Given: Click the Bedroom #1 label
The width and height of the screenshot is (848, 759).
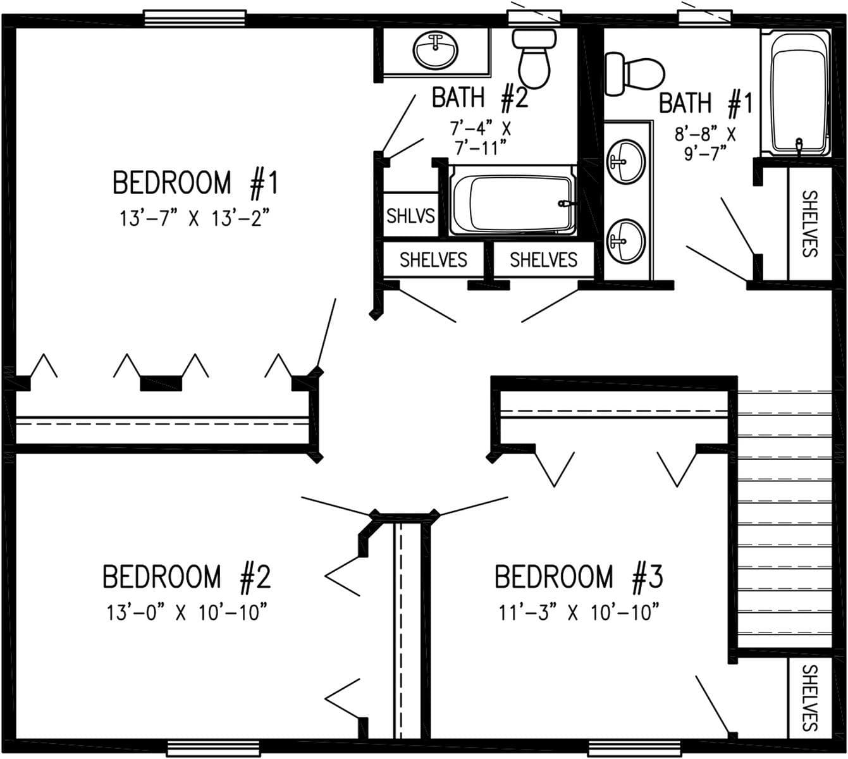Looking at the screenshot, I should (195, 183).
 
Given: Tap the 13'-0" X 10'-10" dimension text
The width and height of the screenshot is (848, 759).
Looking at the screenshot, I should (187, 612).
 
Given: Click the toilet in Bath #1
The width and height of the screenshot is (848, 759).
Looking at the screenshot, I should (634, 74).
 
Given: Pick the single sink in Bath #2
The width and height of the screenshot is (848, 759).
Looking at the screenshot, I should (436, 50).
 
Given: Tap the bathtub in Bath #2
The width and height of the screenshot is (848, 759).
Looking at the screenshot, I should (512, 204).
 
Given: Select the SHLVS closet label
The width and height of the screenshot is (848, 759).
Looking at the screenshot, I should (410, 216).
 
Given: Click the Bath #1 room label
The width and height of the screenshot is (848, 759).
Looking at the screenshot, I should (706, 103).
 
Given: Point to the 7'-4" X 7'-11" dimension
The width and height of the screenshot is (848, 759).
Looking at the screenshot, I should (480, 138).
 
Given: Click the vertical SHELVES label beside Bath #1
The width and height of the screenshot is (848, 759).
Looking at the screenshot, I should (809, 223).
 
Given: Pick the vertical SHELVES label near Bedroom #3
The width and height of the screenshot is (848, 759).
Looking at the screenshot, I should (809, 698).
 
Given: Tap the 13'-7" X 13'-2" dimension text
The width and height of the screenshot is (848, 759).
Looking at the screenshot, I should (195, 219).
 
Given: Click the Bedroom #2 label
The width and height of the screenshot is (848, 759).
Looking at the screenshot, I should (187, 577).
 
